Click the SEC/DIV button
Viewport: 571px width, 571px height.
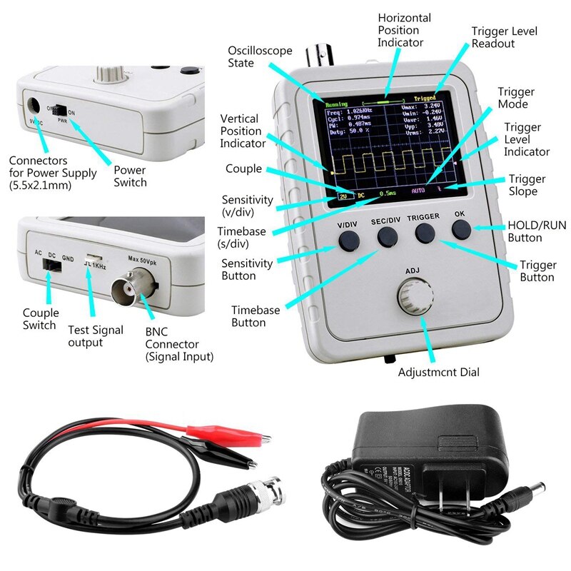(x=387, y=237)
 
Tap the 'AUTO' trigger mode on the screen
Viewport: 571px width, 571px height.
(x=419, y=191)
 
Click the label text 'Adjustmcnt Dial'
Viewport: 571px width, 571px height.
(x=438, y=372)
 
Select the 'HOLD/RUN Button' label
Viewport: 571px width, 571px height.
(x=536, y=231)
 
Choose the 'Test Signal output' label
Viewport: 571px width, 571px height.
(x=96, y=336)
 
